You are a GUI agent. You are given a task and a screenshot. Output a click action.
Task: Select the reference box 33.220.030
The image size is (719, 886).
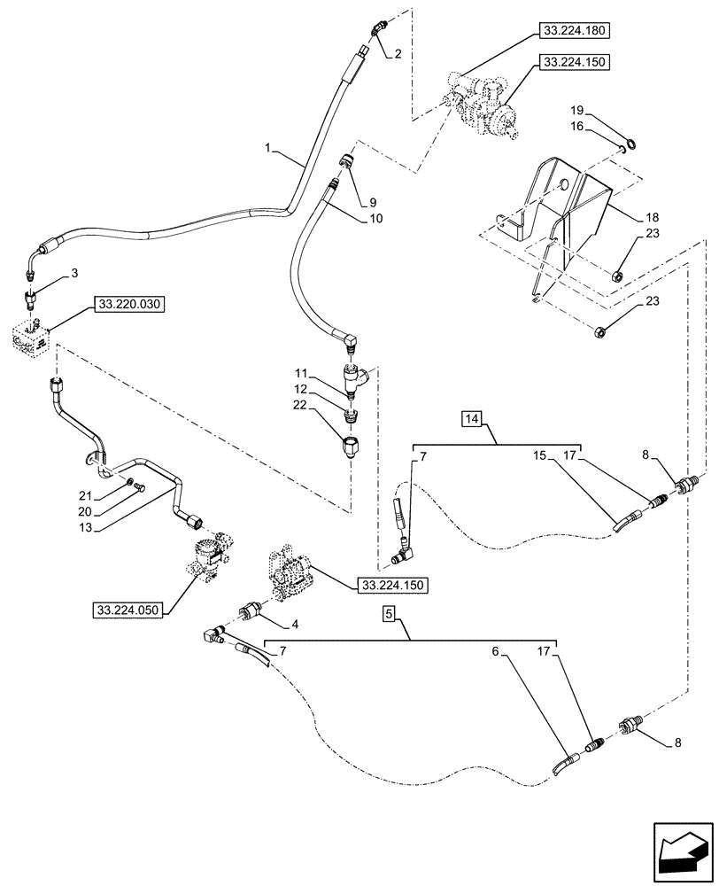128,305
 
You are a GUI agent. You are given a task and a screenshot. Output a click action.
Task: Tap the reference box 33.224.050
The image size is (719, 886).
128,610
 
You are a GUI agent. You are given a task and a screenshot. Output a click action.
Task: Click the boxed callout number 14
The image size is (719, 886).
472,419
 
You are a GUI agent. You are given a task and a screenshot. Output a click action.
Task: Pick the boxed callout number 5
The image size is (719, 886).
388,612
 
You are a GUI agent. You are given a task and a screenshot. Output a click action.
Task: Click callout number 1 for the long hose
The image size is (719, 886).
268,148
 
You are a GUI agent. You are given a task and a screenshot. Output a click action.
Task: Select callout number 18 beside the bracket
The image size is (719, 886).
653,217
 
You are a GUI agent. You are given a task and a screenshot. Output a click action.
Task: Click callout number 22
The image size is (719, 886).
300,405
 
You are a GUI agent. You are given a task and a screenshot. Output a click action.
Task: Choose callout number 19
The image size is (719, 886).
576,110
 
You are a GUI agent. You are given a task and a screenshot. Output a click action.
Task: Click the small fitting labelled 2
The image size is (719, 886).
376,29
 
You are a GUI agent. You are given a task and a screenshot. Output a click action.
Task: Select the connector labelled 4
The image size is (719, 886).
251,612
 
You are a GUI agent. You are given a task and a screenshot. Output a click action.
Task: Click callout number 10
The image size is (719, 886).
375,218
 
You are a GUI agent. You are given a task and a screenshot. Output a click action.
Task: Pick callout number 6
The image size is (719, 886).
495,651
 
